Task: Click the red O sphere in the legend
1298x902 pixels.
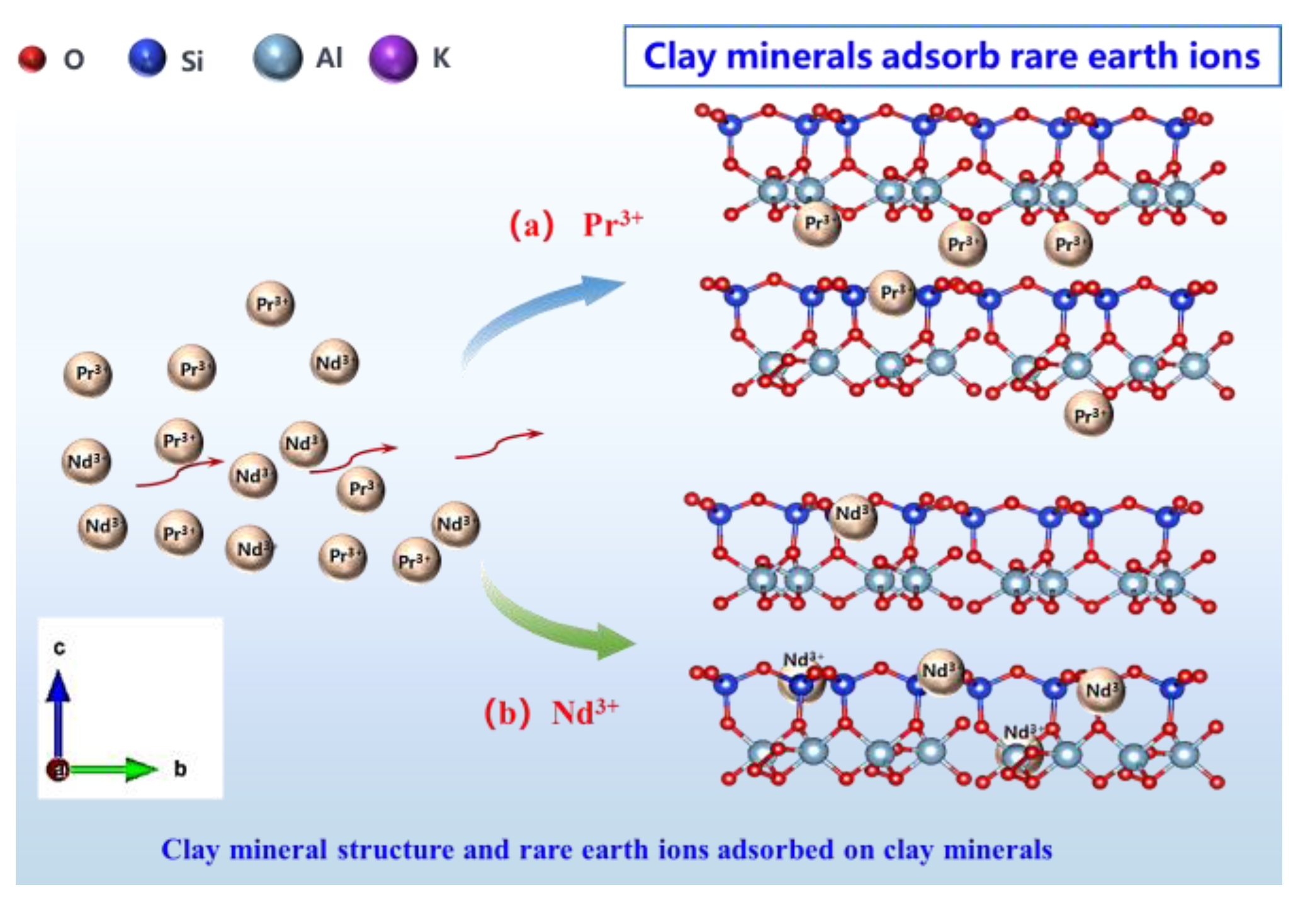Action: point(31,59)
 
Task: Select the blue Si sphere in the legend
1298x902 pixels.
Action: point(147,57)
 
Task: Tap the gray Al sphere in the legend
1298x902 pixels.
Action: point(277,57)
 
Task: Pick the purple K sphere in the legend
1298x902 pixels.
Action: point(392,59)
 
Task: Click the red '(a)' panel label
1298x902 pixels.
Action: point(531,225)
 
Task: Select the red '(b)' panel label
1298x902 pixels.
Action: point(507,713)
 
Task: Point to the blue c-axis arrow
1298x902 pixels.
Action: point(58,712)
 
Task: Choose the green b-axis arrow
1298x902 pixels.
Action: point(113,769)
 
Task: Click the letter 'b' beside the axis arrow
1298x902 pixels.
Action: point(180,769)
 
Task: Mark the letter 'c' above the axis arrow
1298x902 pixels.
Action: point(59,648)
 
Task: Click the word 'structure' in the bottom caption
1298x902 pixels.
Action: point(394,850)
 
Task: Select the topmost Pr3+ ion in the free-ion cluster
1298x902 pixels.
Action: point(270,304)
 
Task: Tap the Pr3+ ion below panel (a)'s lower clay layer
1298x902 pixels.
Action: point(1088,414)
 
